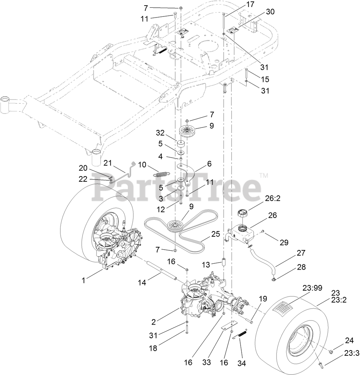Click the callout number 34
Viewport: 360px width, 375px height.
click(x=241, y=363)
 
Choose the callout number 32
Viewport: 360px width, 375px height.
click(x=160, y=133)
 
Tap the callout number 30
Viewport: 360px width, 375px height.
click(x=270, y=12)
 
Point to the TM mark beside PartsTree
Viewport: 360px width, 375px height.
click(x=264, y=175)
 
